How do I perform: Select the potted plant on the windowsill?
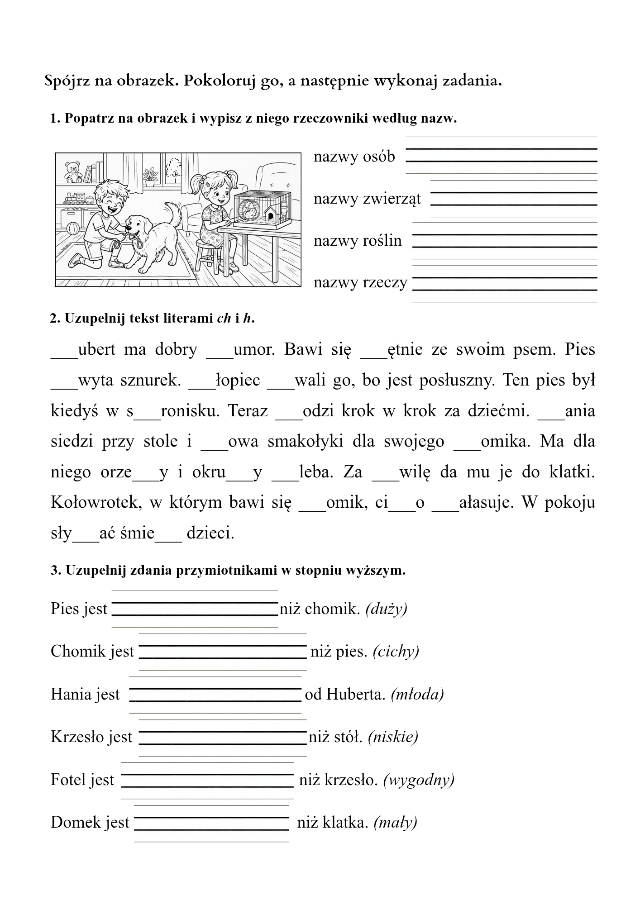point(150,175)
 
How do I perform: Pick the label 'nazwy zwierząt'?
point(367,199)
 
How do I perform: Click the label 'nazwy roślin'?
point(358,241)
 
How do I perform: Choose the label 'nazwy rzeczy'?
point(360,282)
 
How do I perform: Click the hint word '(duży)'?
point(386,609)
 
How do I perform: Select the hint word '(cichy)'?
point(396,651)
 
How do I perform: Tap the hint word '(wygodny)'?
point(419,780)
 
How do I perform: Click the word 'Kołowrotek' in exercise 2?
point(96,502)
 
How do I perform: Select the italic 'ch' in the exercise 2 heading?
point(224,319)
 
